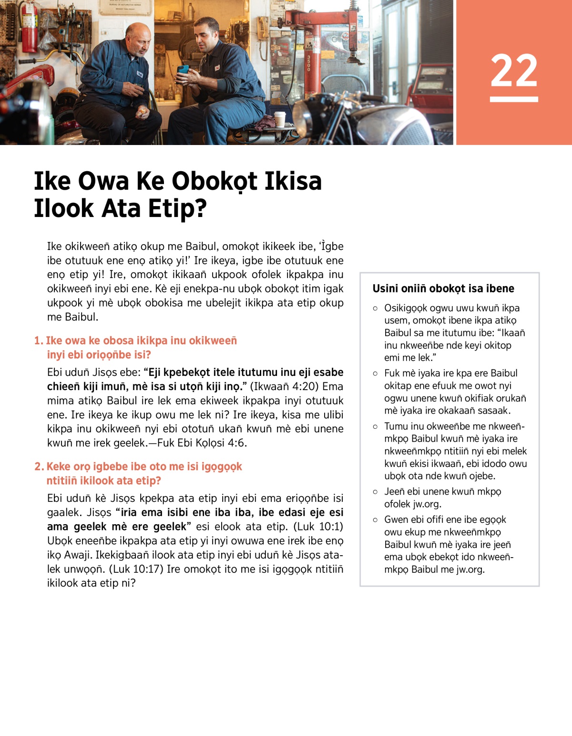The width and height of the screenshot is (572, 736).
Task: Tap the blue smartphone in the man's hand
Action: tap(183, 70)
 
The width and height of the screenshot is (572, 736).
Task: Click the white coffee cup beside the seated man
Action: tap(280, 119)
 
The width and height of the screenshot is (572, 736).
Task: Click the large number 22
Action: tap(514, 71)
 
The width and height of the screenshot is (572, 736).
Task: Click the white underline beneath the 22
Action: tap(514, 99)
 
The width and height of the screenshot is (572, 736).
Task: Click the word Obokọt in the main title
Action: tap(215, 182)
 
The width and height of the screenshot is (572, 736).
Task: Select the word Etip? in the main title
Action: tap(177, 208)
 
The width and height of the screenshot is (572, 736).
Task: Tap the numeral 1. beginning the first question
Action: tap(39, 341)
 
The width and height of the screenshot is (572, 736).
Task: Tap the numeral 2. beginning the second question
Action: tap(39, 466)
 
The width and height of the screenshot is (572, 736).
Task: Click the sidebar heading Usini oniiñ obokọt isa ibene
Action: tap(443, 289)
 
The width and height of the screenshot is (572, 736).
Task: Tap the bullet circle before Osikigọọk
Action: tap(375, 309)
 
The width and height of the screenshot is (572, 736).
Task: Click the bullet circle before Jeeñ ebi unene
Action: tap(375, 492)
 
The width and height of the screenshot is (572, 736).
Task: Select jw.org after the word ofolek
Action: tap(426, 504)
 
